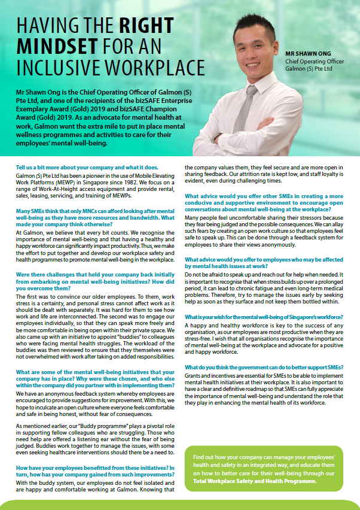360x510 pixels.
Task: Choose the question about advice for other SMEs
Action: pos(263,202)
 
